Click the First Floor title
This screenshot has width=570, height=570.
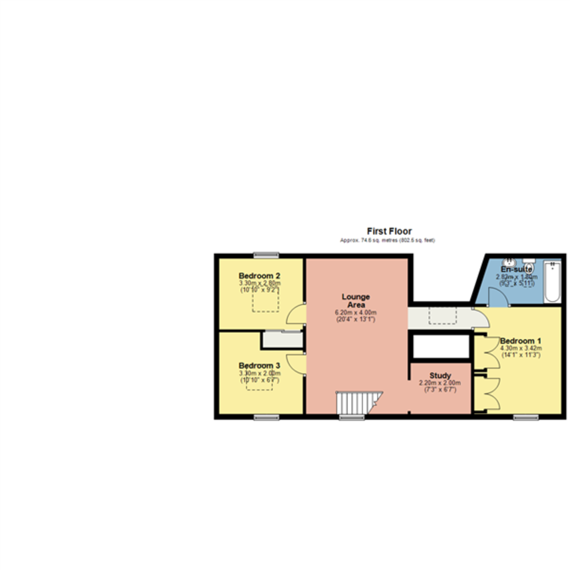[389, 231]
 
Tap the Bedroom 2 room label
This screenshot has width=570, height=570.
[259, 275]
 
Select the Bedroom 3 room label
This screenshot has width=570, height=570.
[259, 365]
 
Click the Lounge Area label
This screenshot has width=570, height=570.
[356, 301]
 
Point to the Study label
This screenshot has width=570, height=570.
[440, 375]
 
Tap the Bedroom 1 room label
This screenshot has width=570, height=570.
[521, 341]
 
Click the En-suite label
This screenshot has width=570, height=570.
[516, 269]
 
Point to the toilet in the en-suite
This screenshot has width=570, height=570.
[529, 264]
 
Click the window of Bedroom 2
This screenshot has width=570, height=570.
[266, 255]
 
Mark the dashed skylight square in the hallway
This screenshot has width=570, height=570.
[443, 315]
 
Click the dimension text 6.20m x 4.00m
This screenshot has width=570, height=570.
[356, 313]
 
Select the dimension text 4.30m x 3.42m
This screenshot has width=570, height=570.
[521, 348]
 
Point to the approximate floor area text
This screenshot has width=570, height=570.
[387, 240]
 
